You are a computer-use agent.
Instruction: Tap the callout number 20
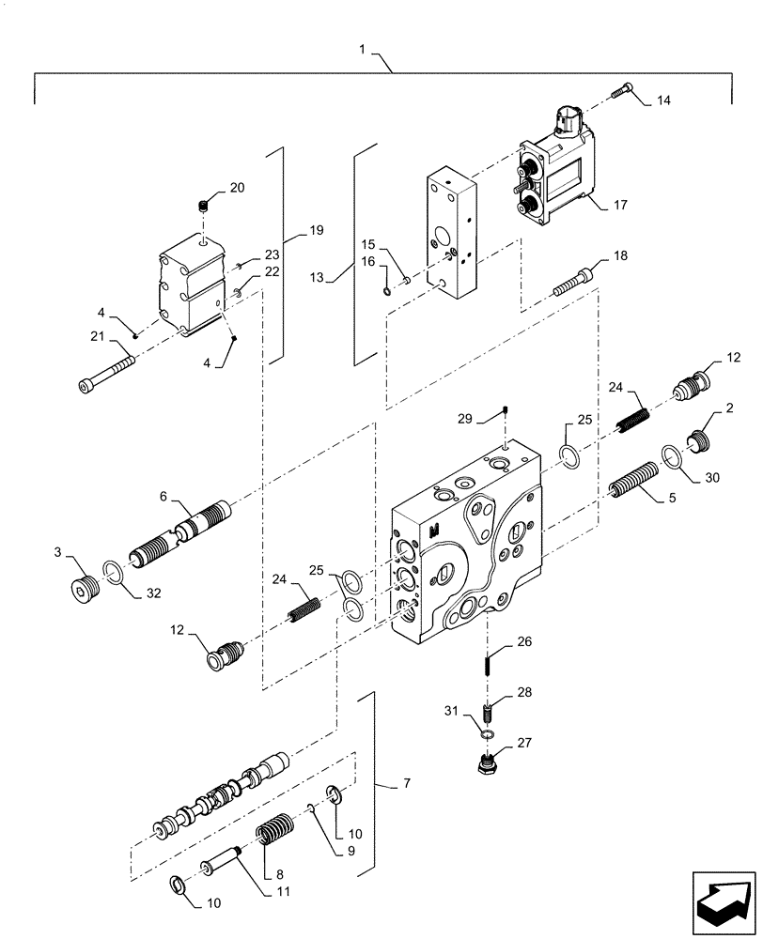[x=237, y=188]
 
